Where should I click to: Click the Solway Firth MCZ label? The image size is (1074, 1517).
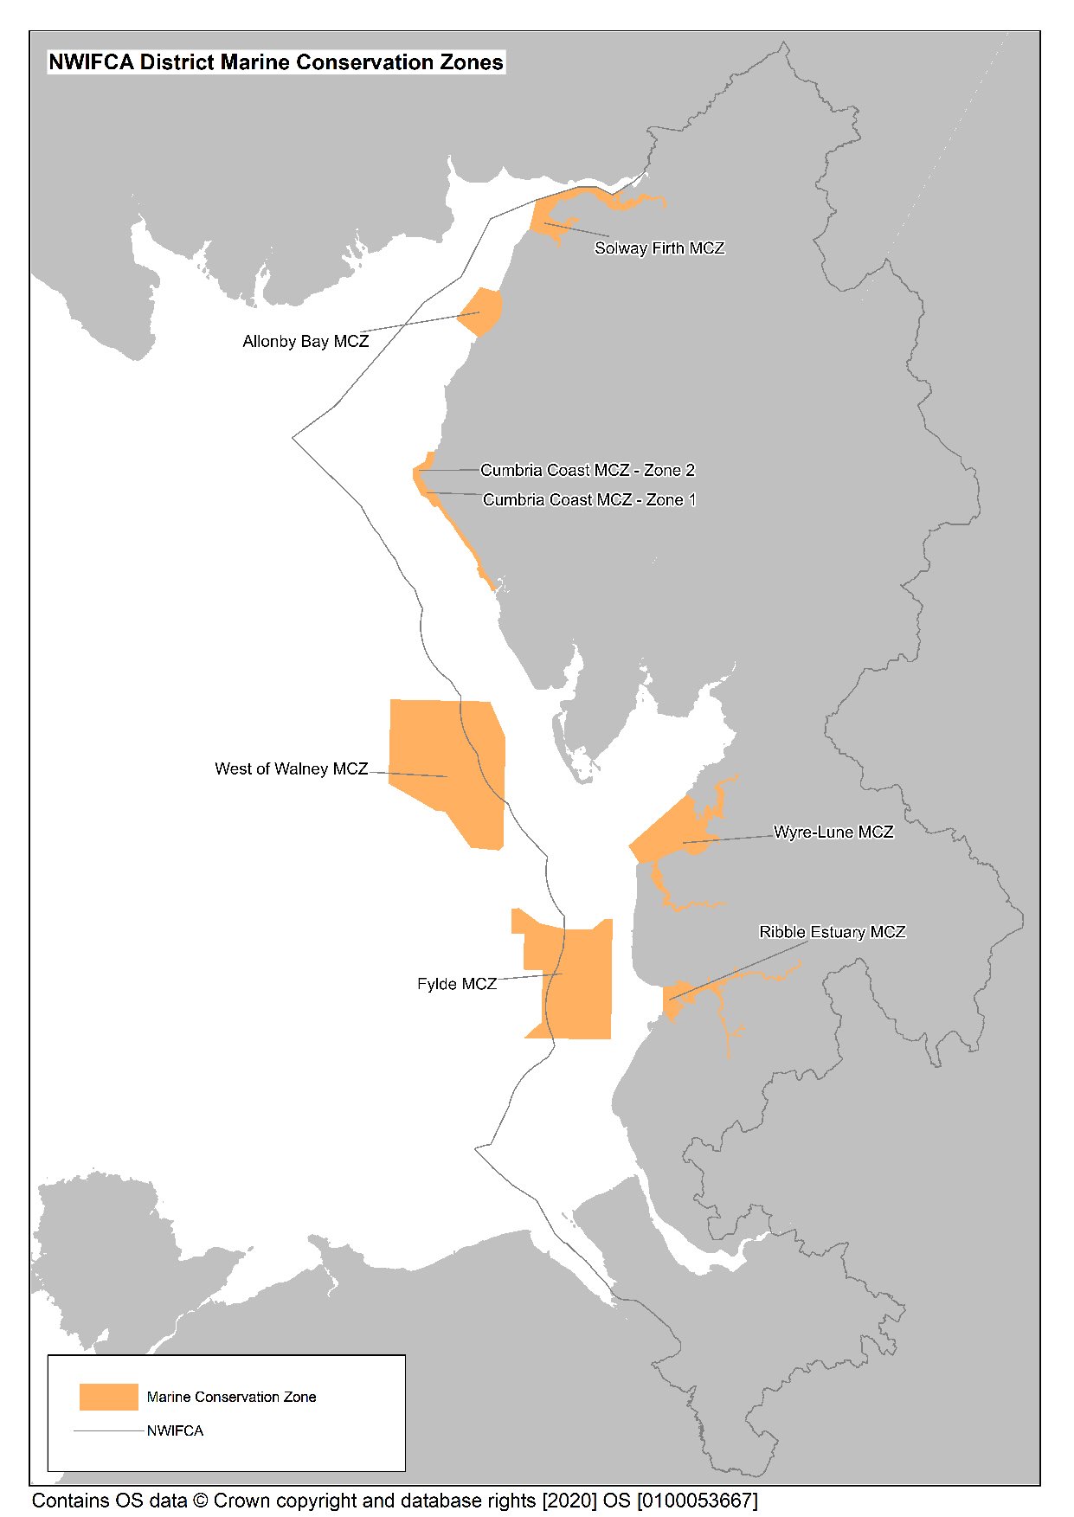(659, 248)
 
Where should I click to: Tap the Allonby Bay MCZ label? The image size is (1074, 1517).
(305, 342)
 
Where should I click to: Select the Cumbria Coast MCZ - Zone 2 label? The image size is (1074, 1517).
(588, 471)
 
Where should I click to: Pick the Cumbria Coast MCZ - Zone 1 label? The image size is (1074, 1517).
(589, 500)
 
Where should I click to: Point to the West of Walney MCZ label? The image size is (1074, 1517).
(291, 769)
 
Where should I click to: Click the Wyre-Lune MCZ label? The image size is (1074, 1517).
(833, 832)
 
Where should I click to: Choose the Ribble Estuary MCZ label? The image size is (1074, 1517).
(832, 933)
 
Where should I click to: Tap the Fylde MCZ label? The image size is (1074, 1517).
(456, 985)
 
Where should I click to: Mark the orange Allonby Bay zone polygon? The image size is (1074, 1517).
(483, 312)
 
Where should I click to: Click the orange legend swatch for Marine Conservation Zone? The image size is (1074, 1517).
(108, 1397)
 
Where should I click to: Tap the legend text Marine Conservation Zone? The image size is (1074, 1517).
(231, 1398)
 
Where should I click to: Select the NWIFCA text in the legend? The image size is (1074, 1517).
(175, 1431)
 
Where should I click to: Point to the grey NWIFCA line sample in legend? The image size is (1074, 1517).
(108, 1431)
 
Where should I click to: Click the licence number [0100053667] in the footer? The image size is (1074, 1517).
(697, 1501)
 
